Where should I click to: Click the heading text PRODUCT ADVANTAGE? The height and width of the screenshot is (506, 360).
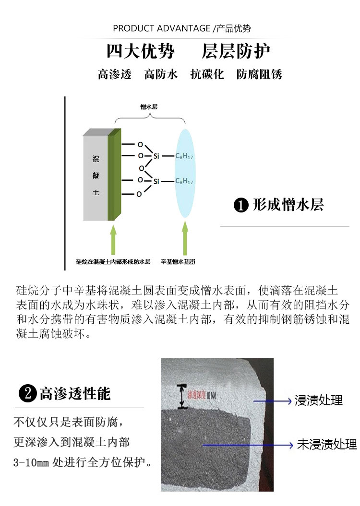point(161,28)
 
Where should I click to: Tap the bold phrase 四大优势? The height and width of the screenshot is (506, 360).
point(140,51)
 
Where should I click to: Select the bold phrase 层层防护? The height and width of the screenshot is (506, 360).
point(236,51)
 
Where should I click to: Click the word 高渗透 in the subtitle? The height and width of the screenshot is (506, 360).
point(115,74)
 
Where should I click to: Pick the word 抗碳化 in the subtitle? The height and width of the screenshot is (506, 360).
point(207,74)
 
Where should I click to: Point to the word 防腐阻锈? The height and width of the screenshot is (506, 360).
point(259,74)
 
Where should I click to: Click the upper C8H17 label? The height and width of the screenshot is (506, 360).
point(184,156)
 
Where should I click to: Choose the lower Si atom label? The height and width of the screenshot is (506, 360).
point(156,181)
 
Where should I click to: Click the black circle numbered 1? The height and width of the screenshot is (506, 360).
point(240,205)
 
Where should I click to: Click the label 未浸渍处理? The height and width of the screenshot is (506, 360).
point(327,445)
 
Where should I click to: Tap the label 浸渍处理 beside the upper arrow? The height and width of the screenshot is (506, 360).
point(319,400)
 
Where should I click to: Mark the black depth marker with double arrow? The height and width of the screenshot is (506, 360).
point(181,396)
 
